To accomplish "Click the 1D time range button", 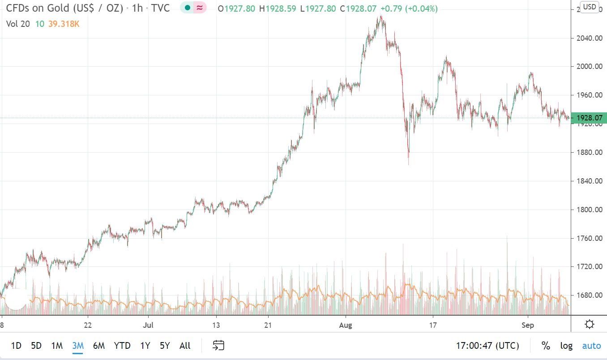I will pos(16,345).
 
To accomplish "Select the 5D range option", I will pos(36,345).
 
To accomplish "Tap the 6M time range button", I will pos(98,345).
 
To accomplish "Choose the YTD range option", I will pos(122,345).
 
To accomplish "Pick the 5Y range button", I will pos(165,345).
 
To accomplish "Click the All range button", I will pos(185,345).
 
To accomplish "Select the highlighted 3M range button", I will pos(78,345).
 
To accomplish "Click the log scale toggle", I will pos(566,345).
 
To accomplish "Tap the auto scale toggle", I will pos(591,345).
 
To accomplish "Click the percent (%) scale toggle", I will pos(545,345).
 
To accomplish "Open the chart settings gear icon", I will pos(590,325).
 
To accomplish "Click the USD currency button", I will pos(589,7).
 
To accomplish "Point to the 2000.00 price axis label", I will pos(589,66).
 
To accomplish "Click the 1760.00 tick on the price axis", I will pos(589,238).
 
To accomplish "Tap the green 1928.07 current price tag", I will pos(589,118).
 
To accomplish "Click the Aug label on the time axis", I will pos(346,325).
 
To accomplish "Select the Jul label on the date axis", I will pos(148,325).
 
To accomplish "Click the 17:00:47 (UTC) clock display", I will pos(487,345).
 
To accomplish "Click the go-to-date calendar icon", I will pos(218,345).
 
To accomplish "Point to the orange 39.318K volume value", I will pos(64,24).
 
